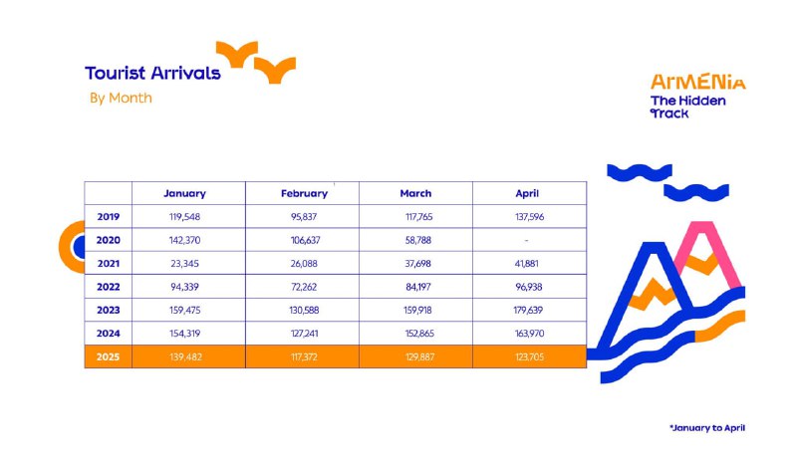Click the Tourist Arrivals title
[x=152, y=73]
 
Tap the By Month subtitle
[x=121, y=98]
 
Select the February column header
[x=304, y=193]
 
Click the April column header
[x=527, y=193]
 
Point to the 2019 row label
[x=109, y=217]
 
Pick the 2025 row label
[x=108, y=356]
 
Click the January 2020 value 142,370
[x=184, y=240]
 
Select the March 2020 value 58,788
[x=417, y=240]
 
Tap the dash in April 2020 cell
[x=526, y=240]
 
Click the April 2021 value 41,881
[x=526, y=264]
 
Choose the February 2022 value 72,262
[x=304, y=287]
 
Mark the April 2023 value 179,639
[x=528, y=310]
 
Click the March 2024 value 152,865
[x=419, y=334]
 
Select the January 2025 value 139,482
[x=185, y=356]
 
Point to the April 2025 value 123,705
[x=529, y=356]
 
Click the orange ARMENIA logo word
[x=698, y=82]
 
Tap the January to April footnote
[x=707, y=428]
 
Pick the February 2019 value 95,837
[x=304, y=217]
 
